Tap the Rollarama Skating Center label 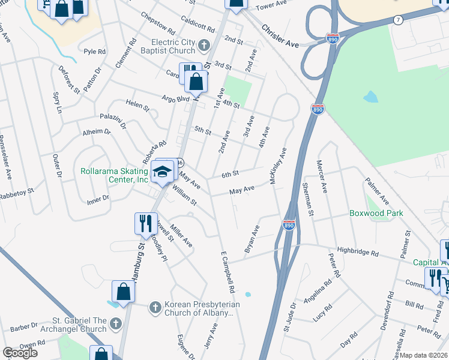coord(114,175)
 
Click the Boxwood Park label coord(376,213)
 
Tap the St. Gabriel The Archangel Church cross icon coord(115,325)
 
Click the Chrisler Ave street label coord(280,36)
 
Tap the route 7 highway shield coord(398,20)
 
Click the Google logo coord(20,353)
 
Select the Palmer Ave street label coord(377,191)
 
